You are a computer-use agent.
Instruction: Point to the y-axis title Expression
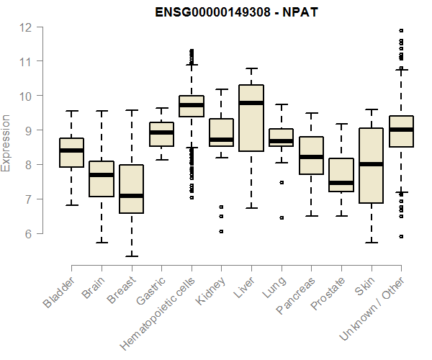6,143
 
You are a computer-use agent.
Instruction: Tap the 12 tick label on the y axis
26,27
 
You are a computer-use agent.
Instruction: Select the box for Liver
251,119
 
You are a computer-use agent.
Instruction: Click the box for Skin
371,166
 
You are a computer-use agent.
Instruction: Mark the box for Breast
131,189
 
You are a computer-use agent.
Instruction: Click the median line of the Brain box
102,175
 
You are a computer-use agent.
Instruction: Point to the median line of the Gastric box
161,132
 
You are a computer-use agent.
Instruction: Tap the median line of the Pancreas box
311,157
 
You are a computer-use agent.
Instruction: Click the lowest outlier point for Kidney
221,231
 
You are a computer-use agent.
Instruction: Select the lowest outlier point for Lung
282,217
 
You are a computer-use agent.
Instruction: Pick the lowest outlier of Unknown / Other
401,236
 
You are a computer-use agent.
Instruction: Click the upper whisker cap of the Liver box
251,68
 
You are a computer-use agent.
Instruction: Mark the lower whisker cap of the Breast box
131,256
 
